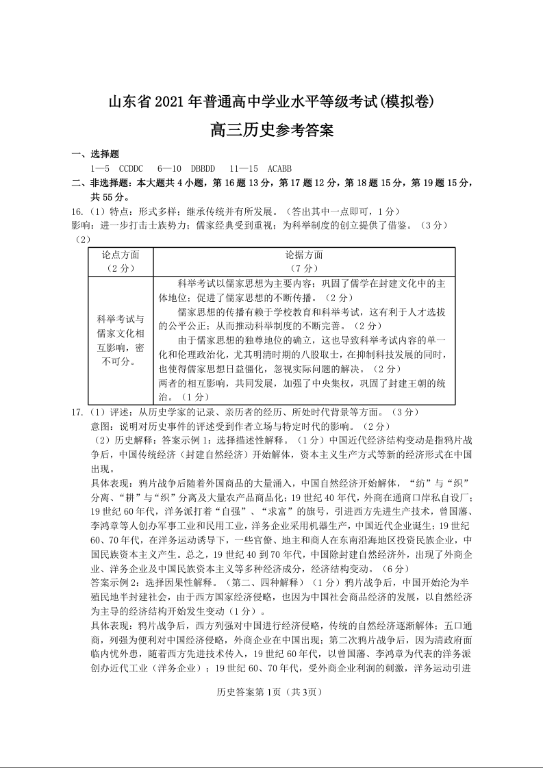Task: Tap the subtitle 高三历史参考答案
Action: [272, 129]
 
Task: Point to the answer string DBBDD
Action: [203, 168]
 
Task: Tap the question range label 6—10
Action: [169, 168]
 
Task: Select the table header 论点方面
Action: [121, 255]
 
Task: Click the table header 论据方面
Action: [304, 255]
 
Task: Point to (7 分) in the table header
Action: [304, 268]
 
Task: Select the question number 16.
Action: [77, 212]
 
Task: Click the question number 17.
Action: [77, 412]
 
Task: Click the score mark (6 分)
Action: [394, 568]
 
